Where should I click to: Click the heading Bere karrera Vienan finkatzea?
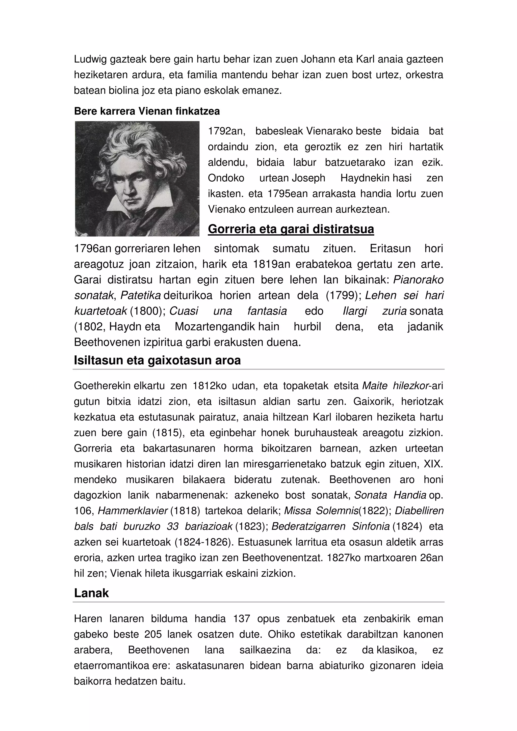pyautogui.click(x=147, y=111)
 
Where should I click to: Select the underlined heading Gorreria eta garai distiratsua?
pyautogui.click(x=291, y=229)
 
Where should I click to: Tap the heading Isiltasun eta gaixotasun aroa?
pyautogui.click(x=157, y=360)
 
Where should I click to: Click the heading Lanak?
pyautogui.click(x=91, y=593)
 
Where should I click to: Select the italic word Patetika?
pyautogui.click(x=140, y=295)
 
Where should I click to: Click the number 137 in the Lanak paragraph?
pyautogui.click(x=242, y=618)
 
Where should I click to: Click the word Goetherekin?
pyautogui.click(x=102, y=386)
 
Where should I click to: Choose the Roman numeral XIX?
pyautogui.click(x=433, y=464)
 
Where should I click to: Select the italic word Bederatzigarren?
pyautogui.click(x=308, y=526)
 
